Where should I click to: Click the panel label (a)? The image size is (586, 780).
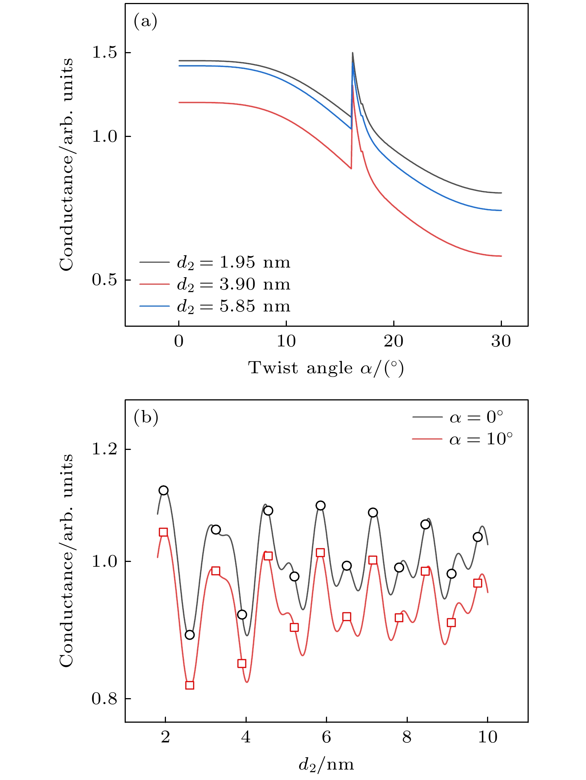point(145,22)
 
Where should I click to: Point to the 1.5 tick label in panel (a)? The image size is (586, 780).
point(104,52)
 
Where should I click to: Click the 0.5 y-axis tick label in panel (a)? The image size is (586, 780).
point(104,280)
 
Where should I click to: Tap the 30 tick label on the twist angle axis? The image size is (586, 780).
point(501,341)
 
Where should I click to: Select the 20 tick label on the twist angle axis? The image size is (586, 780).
point(393,341)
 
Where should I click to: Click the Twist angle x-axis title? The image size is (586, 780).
point(326,368)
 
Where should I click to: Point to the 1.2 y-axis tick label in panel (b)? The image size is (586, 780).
point(104,449)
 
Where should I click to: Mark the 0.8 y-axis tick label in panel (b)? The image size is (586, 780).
point(104,699)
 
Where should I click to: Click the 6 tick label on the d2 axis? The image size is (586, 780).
point(326,737)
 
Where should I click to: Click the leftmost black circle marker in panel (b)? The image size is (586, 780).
point(163,490)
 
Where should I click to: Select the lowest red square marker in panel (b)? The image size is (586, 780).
point(189,685)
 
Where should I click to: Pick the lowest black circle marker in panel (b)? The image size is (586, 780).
point(189,634)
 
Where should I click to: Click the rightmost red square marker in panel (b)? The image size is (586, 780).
point(477,583)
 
